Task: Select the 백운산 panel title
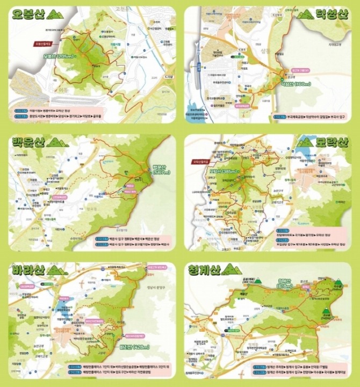(x=28, y=143)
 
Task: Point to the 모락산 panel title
(x=332, y=142)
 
